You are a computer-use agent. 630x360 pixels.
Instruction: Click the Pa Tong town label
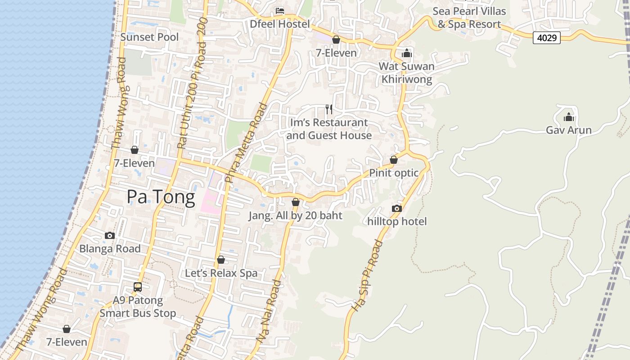coord(161,197)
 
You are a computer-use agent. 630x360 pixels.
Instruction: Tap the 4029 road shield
coord(547,38)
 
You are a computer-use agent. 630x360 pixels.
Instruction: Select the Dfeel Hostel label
coord(280,24)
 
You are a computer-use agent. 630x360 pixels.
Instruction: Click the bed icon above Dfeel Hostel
coord(280,10)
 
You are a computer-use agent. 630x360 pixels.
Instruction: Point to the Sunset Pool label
coord(149,37)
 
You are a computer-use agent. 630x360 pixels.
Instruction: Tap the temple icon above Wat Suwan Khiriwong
coord(407,53)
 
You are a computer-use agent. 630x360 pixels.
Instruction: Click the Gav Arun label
coord(568,130)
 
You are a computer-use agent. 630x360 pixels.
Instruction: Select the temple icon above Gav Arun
coord(569,117)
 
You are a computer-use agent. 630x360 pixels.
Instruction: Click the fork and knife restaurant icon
coord(329,109)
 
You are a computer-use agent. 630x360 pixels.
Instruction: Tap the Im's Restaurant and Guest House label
coord(329,129)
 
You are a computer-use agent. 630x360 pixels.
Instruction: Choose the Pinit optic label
coord(394,173)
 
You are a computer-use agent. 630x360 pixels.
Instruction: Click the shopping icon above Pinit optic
coord(394,160)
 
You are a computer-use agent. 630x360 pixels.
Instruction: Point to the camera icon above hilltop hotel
coord(396,208)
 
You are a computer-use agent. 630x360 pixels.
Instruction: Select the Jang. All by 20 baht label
coord(295,216)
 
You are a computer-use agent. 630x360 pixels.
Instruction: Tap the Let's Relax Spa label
coord(221,273)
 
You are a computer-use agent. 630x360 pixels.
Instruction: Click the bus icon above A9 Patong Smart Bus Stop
coord(138,287)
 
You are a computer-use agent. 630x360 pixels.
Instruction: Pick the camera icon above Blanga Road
coord(109,235)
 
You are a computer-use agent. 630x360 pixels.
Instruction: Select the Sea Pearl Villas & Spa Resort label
coord(469,18)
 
